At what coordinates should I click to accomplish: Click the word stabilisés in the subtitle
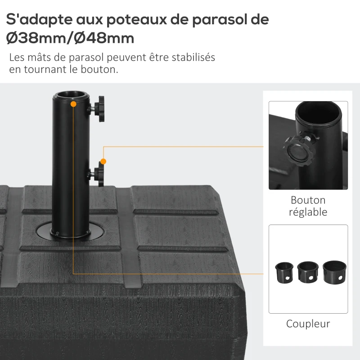193,58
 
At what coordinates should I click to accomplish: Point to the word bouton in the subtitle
88,70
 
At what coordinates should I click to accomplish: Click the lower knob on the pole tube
98,174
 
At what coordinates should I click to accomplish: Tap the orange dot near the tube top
73,104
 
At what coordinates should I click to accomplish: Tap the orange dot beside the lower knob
103,161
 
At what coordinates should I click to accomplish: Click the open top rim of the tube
71,95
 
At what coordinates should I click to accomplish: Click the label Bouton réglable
308,206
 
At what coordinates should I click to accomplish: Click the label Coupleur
308,324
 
